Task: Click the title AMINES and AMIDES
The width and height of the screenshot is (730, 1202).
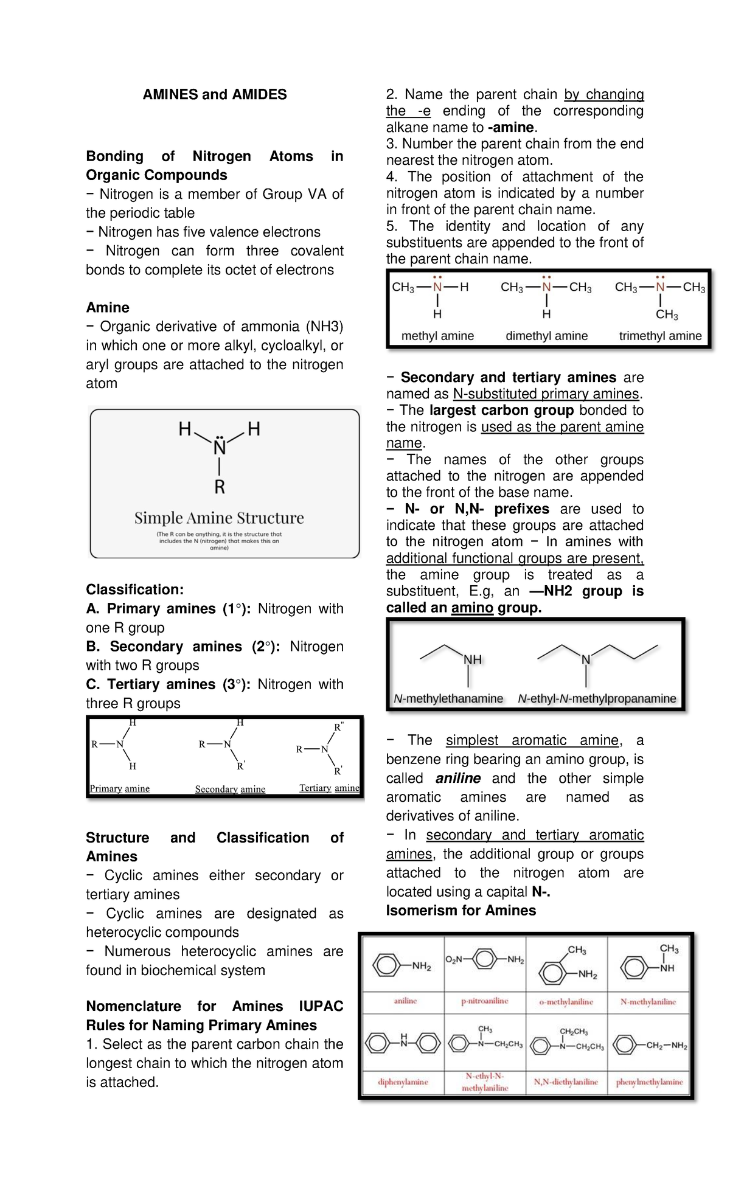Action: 214,95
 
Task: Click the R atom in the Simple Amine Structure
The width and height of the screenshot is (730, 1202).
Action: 220,487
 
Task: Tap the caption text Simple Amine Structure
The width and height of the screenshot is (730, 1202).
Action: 219,518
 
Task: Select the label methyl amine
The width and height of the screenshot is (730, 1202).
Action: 437,336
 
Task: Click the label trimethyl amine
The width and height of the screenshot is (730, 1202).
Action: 660,336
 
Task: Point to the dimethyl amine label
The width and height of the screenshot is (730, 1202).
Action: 546,336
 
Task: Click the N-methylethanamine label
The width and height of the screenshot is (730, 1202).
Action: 448,699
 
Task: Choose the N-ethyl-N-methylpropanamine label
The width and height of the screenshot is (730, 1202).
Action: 597,699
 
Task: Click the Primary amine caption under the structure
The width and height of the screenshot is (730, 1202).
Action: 120,788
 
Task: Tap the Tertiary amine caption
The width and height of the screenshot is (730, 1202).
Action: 329,788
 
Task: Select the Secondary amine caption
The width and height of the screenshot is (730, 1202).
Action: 230,789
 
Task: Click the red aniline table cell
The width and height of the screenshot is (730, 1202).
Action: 405,1001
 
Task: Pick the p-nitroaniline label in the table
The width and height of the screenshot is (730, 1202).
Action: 485,1001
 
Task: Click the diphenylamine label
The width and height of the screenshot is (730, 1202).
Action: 403,1082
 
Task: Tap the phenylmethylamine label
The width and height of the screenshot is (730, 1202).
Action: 649,1082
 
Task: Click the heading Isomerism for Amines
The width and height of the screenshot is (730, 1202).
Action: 461,911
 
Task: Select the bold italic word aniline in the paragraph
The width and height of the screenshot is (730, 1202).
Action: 458,779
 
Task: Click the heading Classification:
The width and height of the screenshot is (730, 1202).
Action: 134,589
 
